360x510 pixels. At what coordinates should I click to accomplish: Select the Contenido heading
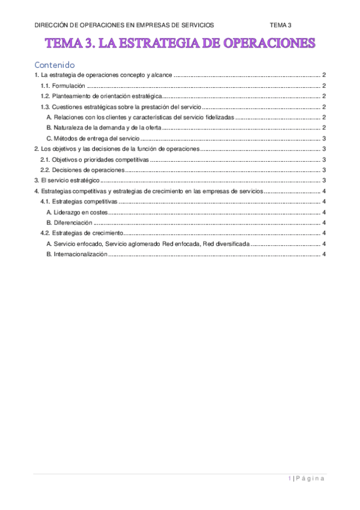(x=55, y=64)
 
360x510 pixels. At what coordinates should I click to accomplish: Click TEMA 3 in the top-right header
(x=281, y=25)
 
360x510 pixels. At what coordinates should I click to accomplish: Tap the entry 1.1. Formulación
(x=60, y=85)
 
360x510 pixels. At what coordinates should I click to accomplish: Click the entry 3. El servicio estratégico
(x=66, y=180)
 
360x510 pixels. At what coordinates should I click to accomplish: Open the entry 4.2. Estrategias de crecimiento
(x=81, y=233)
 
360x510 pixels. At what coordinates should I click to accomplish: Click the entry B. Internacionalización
(x=76, y=254)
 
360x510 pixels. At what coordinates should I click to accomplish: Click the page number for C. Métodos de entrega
(x=324, y=138)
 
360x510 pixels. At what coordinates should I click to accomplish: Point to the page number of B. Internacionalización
(x=324, y=254)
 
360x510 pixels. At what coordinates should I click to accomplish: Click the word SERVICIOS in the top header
(x=192, y=25)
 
